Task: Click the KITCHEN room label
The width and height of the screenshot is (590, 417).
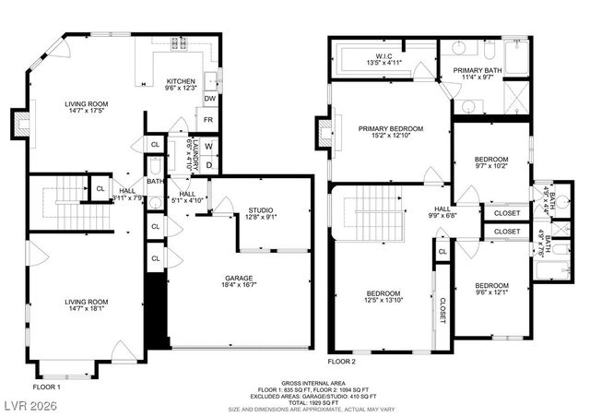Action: pyautogui.click(x=180, y=81)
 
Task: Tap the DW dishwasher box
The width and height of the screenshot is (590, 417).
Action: pyautogui.click(x=209, y=98)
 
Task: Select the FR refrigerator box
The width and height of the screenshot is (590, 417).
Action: pyautogui.click(x=208, y=120)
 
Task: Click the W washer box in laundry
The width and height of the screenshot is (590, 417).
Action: pyautogui.click(x=208, y=145)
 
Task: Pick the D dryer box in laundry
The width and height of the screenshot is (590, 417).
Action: pyautogui.click(x=208, y=165)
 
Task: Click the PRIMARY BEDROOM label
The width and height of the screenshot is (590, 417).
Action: pyautogui.click(x=391, y=128)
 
